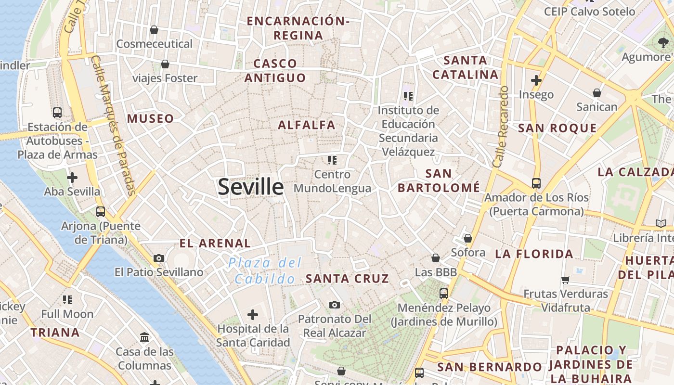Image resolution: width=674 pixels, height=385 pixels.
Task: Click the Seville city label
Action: pos(250,187)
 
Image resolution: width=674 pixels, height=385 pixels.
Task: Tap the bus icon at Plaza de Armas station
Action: pos(57,113)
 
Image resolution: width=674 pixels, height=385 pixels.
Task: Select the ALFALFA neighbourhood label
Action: pos(307,125)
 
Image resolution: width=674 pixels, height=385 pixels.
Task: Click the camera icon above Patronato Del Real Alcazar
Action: pos(335,305)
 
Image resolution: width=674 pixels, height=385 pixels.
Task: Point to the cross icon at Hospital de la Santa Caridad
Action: pos(252,315)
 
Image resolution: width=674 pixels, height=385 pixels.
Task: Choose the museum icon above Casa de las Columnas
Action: pos(144,337)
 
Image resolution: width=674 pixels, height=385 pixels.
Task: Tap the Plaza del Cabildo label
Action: pos(265,270)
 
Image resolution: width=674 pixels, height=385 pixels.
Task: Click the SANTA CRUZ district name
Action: pos(347,279)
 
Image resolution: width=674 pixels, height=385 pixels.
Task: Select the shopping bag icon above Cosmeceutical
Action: pos(154,30)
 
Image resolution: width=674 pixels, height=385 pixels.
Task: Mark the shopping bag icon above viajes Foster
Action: pos(165,64)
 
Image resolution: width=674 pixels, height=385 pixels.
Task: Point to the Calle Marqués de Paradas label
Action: pos(114,126)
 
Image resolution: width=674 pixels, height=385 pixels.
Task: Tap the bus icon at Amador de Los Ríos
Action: pos(536,183)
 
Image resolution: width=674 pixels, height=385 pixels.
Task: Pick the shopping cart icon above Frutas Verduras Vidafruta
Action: pos(566,280)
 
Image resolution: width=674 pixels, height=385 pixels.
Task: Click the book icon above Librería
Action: pos(661,223)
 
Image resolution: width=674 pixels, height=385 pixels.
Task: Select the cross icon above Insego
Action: pos(536,80)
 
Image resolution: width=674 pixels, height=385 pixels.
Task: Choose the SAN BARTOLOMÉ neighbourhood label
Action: pos(439,180)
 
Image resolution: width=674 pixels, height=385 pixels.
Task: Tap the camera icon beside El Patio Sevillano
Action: pos(159,258)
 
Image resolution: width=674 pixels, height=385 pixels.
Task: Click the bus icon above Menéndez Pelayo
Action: pos(444,293)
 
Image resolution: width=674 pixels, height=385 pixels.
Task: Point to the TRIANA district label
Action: pos(55,333)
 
